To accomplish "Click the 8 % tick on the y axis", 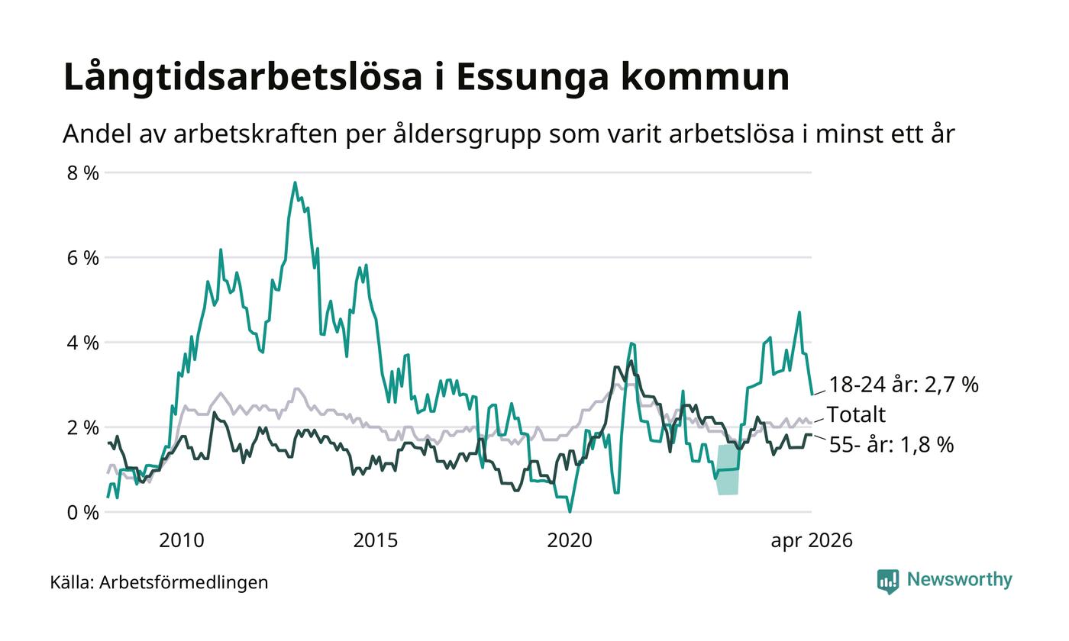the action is (x=82, y=172).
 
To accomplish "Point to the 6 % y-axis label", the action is (x=82, y=258).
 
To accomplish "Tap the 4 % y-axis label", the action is (x=82, y=343).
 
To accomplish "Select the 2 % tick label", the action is (x=82, y=428).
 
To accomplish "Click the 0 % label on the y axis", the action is (x=82, y=513).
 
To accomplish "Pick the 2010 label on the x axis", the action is (x=182, y=541).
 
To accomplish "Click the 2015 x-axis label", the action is (x=375, y=541).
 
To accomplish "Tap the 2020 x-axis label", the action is (x=570, y=541).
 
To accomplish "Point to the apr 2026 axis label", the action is (x=811, y=541).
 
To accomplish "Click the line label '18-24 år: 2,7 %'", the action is (x=904, y=385).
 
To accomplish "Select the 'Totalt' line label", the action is (x=856, y=414).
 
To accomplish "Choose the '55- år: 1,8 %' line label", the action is (x=892, y=444).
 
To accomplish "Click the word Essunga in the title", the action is (x=532, y=77).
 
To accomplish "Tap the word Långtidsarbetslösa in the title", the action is (x=243, y=77).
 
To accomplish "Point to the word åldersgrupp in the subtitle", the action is (x=467, y=134).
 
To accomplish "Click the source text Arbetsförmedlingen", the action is (x=184, y=583).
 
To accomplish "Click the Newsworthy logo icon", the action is (x=887, y=581).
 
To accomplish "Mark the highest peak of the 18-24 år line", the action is (x=295, y=182).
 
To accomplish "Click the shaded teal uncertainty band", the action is (x=728, y=469).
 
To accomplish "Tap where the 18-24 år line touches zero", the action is (x=570, y=512).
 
